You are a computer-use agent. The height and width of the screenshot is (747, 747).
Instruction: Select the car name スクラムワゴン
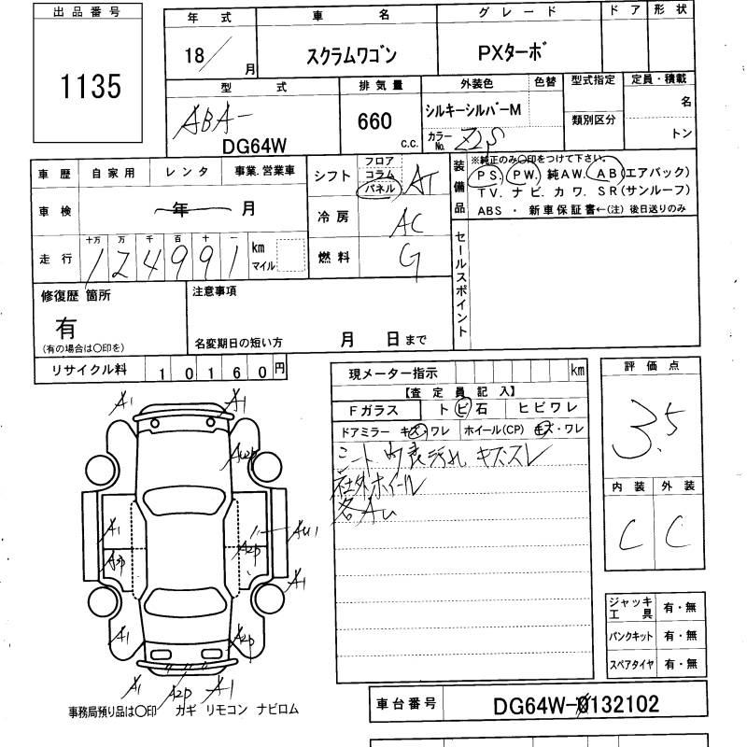(346, 55)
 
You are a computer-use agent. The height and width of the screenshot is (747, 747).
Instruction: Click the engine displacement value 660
(373, 120)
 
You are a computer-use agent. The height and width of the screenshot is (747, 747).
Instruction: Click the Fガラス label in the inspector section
(373, 409)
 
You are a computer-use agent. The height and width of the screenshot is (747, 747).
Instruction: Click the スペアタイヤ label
(631, 664)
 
